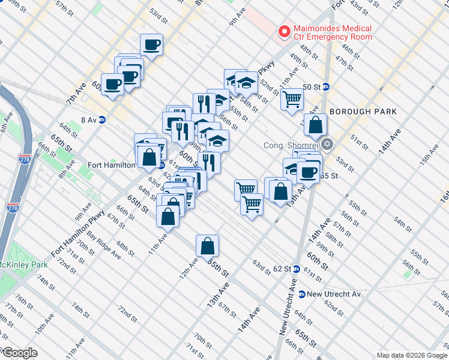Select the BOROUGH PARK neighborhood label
[x=363, y=112]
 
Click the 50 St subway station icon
[x=326, y=86]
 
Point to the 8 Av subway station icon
[x=102, y=119]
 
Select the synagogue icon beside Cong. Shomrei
[x=327, y=145]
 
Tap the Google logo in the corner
[x=19, y=352]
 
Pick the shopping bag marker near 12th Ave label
[x=207, y=246]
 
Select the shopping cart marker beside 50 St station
[x=292, y=100]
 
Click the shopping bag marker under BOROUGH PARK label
[x=315, y=125]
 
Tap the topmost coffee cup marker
[x=151, y=45]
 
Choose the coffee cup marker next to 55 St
[x=309, y=173]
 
